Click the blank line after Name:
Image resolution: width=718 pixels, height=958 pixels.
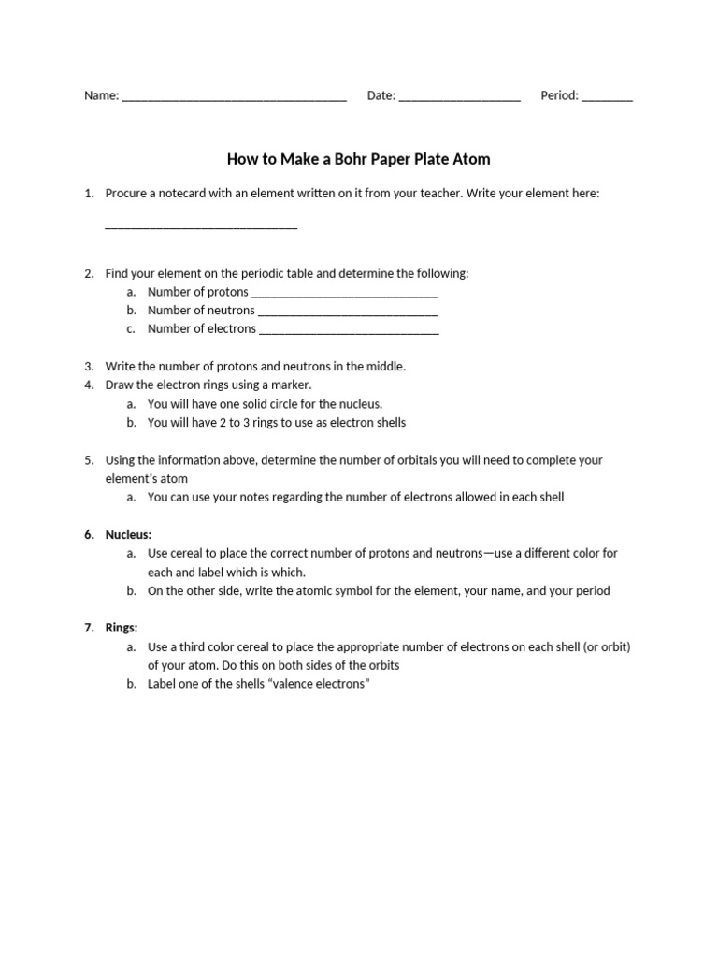pos(234,98)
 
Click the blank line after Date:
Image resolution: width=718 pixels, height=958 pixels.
pos(459,98)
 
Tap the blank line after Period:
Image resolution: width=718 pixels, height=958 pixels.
pos(607,98)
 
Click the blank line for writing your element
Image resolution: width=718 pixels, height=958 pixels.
pos(201,226)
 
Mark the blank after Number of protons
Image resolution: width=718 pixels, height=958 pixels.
pos(344,294)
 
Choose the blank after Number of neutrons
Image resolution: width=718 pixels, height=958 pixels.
pos(347,312)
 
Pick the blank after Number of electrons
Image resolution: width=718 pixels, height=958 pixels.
pos(349,331)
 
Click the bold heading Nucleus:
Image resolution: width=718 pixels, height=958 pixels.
pos(128,534)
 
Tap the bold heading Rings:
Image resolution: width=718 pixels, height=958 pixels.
pos(122,628)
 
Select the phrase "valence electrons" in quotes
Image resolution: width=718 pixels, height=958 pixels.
pos(319,684)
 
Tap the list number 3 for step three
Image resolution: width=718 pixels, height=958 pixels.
pos(89,367)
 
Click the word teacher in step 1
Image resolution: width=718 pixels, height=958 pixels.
pos(455,193)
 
